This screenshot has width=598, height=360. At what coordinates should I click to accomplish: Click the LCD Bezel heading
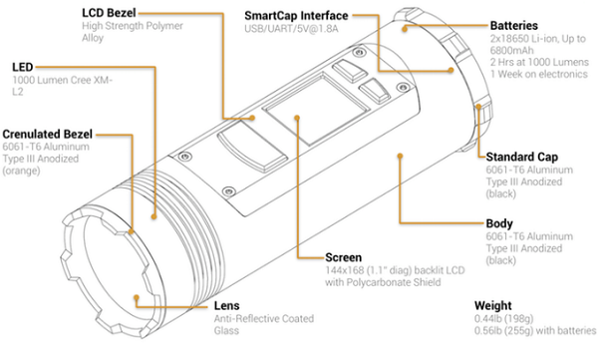[109, 13]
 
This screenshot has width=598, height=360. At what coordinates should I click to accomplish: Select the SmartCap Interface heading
[296, 16]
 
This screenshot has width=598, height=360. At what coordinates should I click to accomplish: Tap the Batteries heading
[513, 26]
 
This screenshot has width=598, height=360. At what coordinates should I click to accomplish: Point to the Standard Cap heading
[521, 157]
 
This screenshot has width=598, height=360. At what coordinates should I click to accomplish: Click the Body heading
[499, 223]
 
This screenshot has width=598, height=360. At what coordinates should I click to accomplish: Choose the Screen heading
[343, 257]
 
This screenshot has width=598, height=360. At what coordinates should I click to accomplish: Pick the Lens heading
[226, 305]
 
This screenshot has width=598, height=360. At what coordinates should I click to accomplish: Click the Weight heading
[492, 305]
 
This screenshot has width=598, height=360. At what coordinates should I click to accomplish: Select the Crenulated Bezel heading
[47, 134]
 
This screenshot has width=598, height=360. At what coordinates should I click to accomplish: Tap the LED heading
[23, 67]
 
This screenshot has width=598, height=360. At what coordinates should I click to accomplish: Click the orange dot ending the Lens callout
[137, 297]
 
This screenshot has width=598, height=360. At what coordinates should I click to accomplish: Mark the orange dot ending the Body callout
[400, 156]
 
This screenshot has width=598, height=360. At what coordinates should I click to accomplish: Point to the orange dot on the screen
[297, 118]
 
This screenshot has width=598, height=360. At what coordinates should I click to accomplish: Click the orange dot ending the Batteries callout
[405, 28]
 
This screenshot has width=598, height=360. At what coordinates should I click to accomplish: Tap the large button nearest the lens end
[251, 147]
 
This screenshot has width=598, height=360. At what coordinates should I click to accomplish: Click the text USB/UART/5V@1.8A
[291, 29]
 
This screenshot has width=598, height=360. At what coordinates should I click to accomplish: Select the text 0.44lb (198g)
[503, 318]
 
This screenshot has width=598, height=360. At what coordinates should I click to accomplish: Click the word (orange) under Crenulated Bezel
[21, 171]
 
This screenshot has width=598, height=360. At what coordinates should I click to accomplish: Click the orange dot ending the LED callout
[154, 216]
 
